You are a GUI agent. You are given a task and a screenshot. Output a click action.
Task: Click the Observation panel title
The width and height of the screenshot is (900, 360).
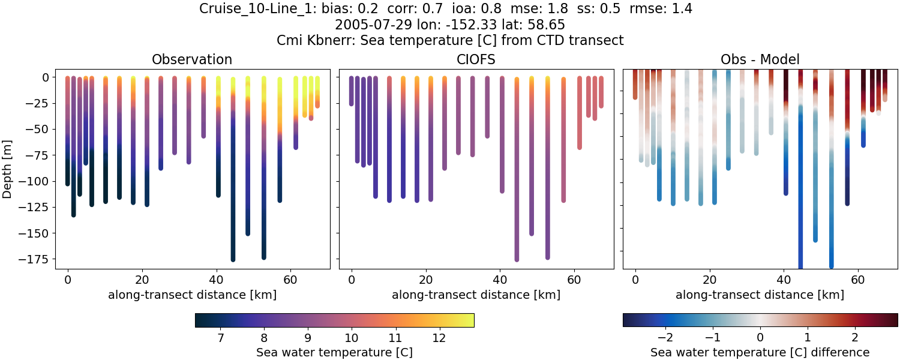click(191, 59)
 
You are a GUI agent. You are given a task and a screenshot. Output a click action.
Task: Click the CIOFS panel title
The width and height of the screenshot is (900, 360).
click(476, 59)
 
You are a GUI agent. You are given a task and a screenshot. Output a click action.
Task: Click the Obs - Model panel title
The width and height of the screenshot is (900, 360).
click(760, 59)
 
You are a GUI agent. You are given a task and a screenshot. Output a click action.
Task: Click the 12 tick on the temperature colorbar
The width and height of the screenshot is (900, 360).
click(439, 338)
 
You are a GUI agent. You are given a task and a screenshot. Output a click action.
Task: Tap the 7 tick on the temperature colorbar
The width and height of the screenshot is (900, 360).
click(220, 338)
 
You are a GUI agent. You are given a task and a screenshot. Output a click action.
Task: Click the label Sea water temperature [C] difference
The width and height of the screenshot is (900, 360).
click(760, 352)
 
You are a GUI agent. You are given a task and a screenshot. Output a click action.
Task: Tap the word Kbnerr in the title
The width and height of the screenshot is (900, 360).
click(331, 41)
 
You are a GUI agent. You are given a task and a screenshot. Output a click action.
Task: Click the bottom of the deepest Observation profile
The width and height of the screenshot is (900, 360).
click(233, 259)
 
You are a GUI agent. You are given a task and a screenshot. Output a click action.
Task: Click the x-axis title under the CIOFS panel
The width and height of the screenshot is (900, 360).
click(476, 295)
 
